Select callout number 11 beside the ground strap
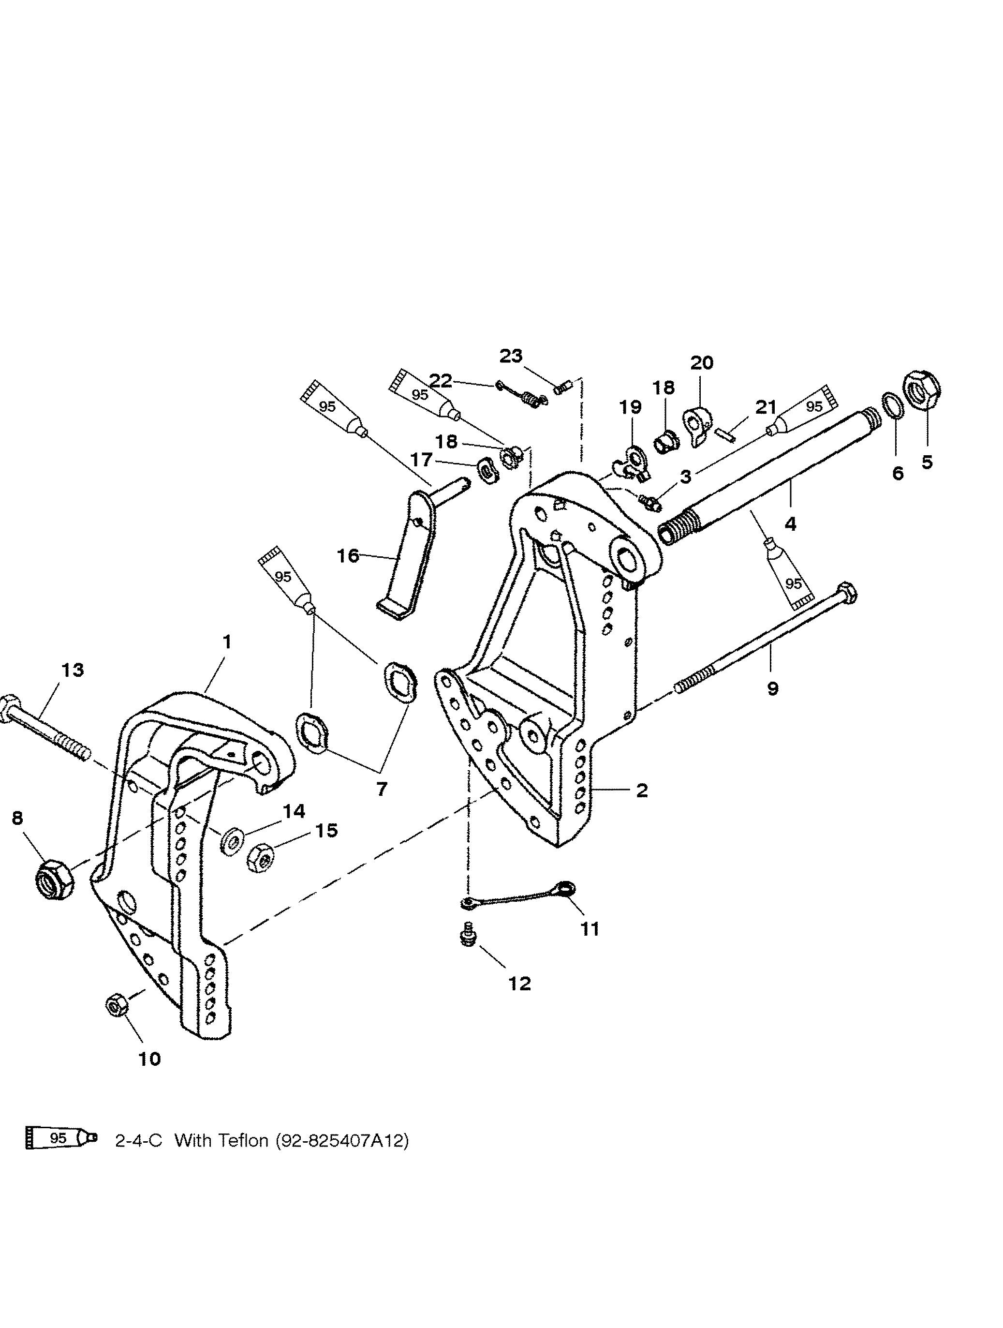tap(590, 929)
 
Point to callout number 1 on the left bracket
tap(226, 642)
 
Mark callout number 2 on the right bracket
tap(642, 791)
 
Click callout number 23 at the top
tap(511, 356)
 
